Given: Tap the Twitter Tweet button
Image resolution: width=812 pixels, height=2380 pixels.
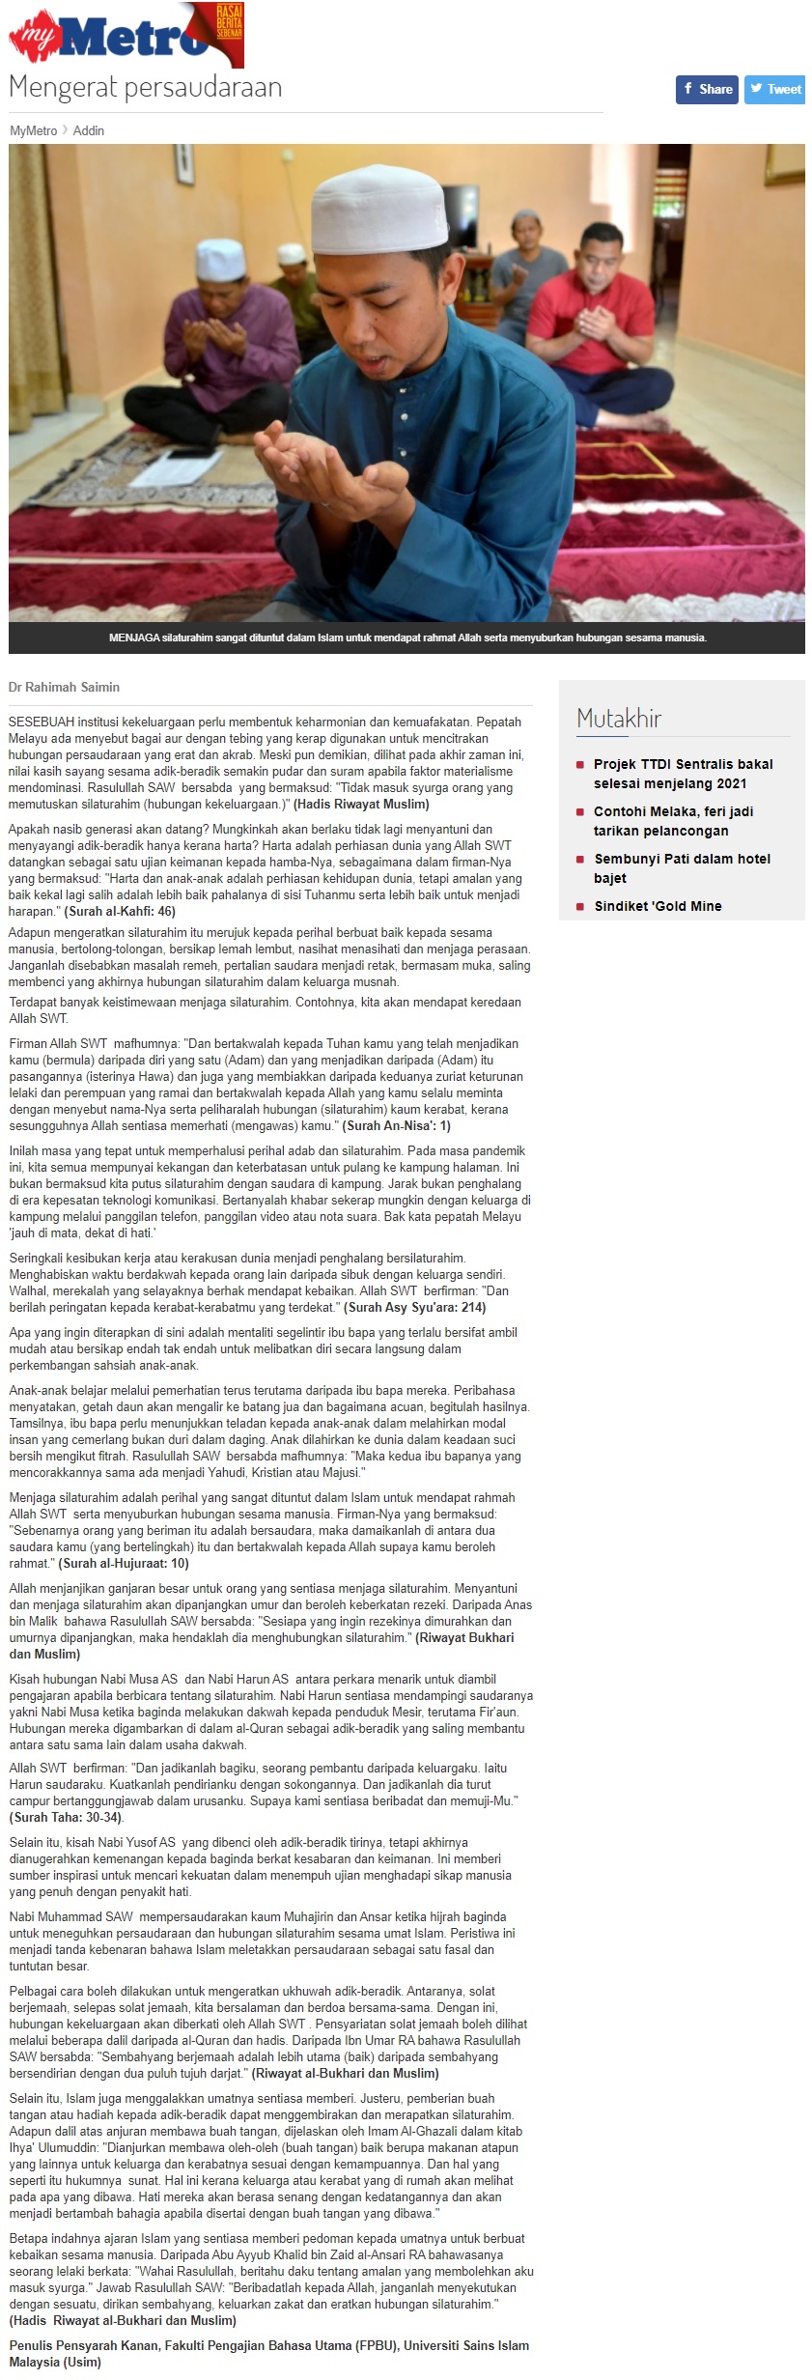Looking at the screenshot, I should (774, 89).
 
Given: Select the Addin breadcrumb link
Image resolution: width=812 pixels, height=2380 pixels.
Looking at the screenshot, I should (89, 130).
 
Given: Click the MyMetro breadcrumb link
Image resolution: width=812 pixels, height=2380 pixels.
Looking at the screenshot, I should (33, 130).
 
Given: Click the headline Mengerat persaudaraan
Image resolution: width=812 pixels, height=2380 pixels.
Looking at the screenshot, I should (145, 87).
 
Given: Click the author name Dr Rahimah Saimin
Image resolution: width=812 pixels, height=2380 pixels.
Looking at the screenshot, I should (64, 687).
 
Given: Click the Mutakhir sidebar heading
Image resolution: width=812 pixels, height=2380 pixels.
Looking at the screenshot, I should (619, 719).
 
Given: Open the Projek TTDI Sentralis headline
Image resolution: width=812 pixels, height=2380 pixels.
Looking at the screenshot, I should (683, 774).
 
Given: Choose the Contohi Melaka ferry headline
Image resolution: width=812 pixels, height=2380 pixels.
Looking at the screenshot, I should (673, 821).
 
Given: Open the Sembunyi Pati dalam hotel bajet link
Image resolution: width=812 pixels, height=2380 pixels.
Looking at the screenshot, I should (682, 868).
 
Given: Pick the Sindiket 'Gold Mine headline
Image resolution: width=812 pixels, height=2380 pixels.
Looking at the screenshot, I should (658, 906).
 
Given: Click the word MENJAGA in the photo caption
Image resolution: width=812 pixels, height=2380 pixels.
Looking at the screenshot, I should (133, 637).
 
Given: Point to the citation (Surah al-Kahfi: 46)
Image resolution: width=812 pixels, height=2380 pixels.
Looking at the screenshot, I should (120, 911).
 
